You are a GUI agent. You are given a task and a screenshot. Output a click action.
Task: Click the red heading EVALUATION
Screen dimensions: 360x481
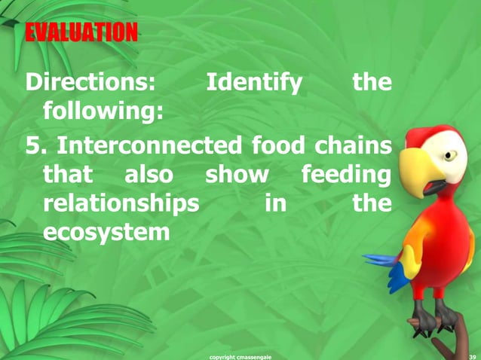pyautogui.click(x=81, y=32)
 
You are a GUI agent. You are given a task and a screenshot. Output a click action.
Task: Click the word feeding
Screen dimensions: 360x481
pyautogui.click(x=346, y=175)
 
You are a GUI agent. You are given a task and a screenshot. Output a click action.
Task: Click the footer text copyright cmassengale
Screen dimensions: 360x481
pyautogui.click(x=240, y=355)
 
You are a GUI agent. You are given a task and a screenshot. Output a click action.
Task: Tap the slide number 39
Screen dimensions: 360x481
pyautogui.click(x=472, y=355)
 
